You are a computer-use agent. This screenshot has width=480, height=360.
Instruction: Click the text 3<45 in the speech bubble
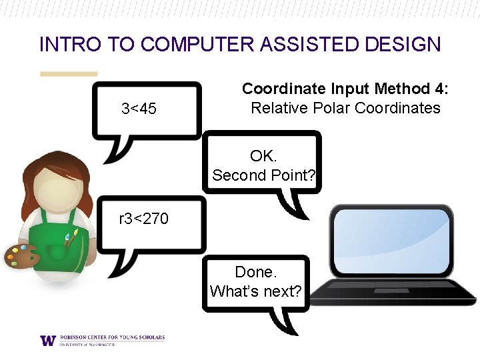tap(139, 108)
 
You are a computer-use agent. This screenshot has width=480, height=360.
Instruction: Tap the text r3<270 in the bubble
tap(143, 218)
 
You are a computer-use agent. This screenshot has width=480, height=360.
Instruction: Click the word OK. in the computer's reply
tap(263, 156)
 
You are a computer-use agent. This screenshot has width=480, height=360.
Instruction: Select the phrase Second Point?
tap(264, 175)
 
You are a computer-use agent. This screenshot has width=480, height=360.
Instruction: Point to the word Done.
tap(255, 272)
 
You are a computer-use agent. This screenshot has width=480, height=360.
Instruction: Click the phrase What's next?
tap(255, 291)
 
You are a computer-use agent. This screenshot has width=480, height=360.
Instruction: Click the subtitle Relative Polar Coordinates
tap(345, 108)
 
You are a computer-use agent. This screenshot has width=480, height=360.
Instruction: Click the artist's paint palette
tap(21, 256)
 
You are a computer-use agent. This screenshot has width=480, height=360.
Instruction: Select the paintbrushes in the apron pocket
tap(71, 237)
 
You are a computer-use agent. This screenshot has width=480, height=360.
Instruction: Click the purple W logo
tap(48, 340)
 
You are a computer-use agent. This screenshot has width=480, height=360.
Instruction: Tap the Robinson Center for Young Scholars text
tap(111, 337)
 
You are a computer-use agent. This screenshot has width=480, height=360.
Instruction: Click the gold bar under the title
tap(69, 73)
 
